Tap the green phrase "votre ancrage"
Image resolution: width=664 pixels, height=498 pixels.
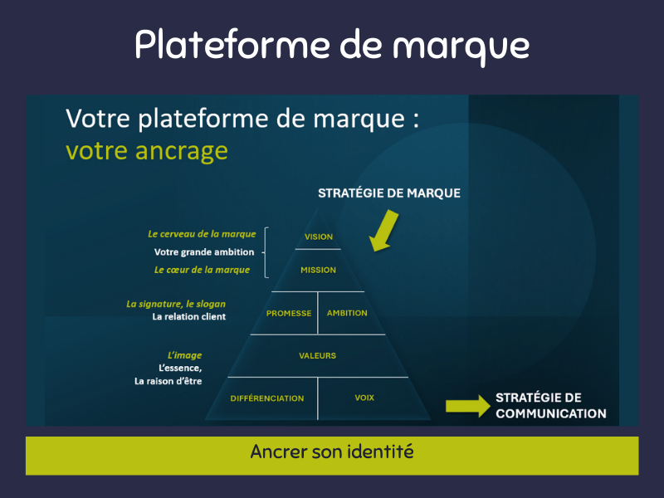click(x=146, y=150)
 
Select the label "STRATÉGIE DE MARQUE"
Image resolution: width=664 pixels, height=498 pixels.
click(x=389, y=193)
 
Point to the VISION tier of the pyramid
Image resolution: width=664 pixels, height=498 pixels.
click(x=319, y=237)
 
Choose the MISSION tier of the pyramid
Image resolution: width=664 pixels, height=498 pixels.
click(x=319, y=270)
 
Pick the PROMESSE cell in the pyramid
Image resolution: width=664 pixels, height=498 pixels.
click(x=289, y=313)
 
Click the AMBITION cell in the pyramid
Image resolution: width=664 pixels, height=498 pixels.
click(x=347, y=313)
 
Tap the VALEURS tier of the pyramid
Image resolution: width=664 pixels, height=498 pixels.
click(x=318, y=355)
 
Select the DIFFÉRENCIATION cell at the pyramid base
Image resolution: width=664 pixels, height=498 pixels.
click(x=267, y=398)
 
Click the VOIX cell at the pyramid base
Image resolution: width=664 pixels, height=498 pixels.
click(x=364, y=398)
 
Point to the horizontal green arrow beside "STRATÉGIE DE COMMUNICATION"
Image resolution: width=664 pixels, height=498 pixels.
click(x=467, y=405)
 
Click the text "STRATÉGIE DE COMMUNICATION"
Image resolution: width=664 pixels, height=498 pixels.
click(x=550, y=405)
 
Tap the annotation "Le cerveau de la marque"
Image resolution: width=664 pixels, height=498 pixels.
click(x=202, y=234)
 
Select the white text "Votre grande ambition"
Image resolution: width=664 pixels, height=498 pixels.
click(x=205, y=252)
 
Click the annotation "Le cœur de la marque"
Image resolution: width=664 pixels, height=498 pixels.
click(x=203, y=271)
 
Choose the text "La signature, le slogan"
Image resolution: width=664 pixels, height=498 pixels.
click(x=176, y=304)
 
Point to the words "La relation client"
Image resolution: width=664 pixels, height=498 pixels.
click(x=188, y=317)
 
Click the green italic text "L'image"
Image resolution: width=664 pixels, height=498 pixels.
click(x=185, y=355)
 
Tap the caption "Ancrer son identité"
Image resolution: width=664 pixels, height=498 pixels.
click(x=332, y=453)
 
